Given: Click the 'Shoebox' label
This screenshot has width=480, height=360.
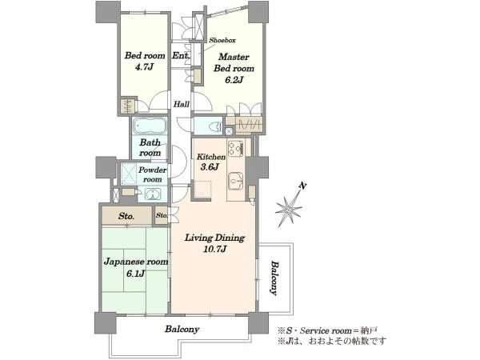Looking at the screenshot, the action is tap(222, 40).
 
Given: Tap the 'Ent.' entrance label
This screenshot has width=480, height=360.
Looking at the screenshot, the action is tap(182, 56).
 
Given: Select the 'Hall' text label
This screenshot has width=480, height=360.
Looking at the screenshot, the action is tap(182, 104).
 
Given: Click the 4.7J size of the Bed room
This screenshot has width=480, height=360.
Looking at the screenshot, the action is tap(144, 66).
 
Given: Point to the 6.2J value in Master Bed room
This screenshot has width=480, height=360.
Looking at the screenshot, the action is tap(234, 80).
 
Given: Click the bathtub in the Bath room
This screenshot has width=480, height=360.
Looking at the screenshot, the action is tap(150, 126).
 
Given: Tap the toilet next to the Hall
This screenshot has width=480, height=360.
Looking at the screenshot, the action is tap(216, 126).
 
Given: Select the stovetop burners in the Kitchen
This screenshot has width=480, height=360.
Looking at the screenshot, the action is tap(235, 149).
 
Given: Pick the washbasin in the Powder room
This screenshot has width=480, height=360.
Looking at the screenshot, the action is tap(153, 194).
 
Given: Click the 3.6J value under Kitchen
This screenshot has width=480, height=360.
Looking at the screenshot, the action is tap(210, 167).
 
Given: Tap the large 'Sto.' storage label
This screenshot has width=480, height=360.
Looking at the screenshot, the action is tap(126, 216).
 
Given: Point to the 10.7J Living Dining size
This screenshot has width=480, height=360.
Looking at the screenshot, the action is tap(214, 249).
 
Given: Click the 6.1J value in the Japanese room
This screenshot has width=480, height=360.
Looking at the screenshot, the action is tap(135, 274).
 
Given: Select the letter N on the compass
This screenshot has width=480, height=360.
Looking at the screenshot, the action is tap(302, 186).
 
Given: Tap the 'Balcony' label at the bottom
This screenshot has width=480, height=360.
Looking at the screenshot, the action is tap(182, 329).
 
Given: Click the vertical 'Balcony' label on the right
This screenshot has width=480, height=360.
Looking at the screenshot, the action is tap(275, 278).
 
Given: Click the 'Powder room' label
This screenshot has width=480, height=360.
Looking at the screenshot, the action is tap(153, 174).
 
